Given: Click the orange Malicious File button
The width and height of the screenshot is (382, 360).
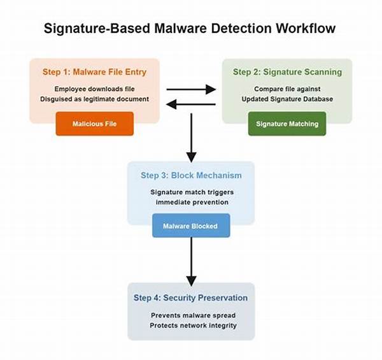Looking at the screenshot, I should point(94,124).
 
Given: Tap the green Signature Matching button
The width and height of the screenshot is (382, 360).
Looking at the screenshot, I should point(286,124).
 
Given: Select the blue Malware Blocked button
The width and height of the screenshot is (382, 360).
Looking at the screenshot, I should point(190,226).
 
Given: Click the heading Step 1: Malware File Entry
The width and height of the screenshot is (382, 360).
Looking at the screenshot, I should point(95,72).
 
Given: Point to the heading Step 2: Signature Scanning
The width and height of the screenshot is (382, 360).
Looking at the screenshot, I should point(286,72).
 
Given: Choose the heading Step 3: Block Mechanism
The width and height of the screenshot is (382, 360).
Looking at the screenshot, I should point(191,175).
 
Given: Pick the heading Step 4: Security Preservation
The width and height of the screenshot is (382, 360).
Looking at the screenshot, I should point(191,298).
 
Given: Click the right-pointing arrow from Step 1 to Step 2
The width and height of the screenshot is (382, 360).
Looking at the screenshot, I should point(191,90).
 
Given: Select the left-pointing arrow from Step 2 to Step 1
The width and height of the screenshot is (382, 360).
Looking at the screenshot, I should point(191,105).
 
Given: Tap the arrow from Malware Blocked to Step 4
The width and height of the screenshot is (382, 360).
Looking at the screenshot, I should point(191,261).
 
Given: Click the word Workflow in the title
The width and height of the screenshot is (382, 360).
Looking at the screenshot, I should point(303,28).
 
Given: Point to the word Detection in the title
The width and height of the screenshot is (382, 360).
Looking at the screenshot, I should point(235,28).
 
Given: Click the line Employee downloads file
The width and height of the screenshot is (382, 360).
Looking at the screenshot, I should point(95,89).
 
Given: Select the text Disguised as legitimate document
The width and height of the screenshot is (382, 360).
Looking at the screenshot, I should point(95,99).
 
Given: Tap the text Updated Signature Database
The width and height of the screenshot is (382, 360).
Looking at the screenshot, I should point(286,99).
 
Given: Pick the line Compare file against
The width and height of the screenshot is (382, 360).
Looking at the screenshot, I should point(286,89).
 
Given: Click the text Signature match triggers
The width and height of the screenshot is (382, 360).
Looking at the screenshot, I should point(191,192).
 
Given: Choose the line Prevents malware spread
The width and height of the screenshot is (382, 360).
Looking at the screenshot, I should point(191,315).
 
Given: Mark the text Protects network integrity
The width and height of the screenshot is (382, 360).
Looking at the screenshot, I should point(191,326).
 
